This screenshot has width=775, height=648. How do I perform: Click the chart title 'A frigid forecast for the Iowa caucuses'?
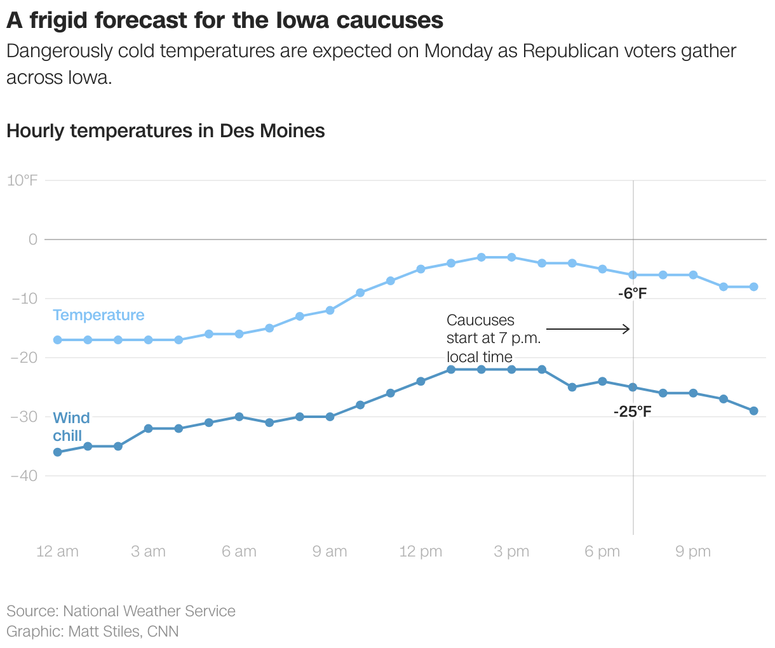click(225, 20)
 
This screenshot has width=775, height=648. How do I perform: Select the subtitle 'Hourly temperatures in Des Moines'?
click(165, 131)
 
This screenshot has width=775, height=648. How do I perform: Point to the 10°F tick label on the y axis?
click(22, 180)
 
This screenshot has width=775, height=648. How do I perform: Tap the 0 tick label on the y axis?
click(33, 240)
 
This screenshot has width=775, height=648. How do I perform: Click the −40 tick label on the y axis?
click(24, 476)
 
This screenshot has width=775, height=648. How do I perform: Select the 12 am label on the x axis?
click(57, 551)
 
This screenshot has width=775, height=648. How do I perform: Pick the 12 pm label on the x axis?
click(421, 551)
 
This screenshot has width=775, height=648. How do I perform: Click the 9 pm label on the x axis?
click(692, 551)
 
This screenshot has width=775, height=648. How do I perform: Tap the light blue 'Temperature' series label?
click(98, 315)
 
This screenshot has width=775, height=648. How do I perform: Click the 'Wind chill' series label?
click(71, 427)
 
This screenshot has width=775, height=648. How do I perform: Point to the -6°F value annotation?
click(632, 294)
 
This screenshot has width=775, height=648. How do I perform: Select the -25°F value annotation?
click(632, 412)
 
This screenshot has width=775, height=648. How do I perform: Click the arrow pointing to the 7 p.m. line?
click(588, 329)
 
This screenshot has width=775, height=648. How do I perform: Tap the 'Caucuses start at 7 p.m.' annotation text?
click(493, 339)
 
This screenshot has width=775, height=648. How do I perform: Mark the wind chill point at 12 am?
click(57, 452)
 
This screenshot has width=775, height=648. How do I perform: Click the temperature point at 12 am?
click(57, 340)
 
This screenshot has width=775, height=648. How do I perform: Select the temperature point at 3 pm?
click(511, 257)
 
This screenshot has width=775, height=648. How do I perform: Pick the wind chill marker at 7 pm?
click(633, 387)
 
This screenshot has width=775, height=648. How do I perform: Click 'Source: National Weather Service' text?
click(121, 611)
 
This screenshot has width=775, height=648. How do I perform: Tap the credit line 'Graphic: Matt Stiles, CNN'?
click(93, 631)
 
